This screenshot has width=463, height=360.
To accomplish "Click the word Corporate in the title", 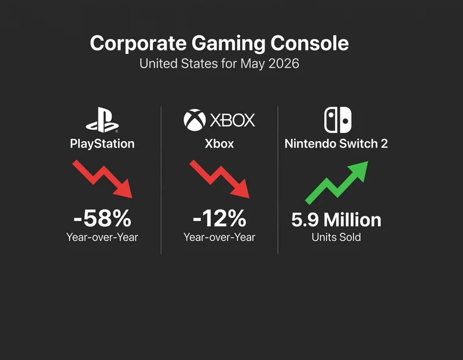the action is (138, 44).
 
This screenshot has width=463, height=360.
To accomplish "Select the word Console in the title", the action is (310, 43).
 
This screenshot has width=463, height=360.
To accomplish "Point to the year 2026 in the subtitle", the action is (284, 64).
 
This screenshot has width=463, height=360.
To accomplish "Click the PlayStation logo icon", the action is (102, 120).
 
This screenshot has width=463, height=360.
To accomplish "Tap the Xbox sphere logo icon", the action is (194, 120).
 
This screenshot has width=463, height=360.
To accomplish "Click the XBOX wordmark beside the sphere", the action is (233, 120).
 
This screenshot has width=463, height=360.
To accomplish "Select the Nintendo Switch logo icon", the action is (337, 120).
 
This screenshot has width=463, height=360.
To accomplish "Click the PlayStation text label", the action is (102, 144).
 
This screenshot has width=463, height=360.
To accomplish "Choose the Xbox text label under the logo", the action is (219, 144).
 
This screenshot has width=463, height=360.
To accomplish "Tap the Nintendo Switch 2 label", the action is (336, 144).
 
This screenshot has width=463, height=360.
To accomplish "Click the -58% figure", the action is (102, 218).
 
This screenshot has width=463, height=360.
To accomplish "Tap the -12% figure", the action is (219, 218).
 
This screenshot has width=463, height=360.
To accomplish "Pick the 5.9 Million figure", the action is (336, 220).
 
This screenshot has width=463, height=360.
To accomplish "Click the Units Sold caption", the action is (336, 237).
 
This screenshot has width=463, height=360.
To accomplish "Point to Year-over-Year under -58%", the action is (102, 237).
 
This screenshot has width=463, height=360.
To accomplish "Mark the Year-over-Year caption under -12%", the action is (219, 237).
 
